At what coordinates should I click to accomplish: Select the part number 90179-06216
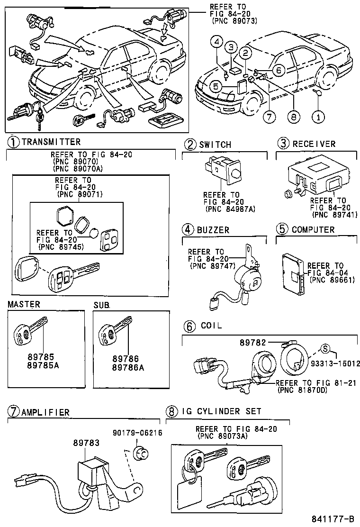point(137,433)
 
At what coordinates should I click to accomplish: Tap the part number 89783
point(86,443)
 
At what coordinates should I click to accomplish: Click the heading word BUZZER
point(213,230)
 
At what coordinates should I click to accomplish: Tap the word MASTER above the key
point(24,304)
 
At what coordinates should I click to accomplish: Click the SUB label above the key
point(101,304)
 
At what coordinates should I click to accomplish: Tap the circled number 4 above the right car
point(216,43)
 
